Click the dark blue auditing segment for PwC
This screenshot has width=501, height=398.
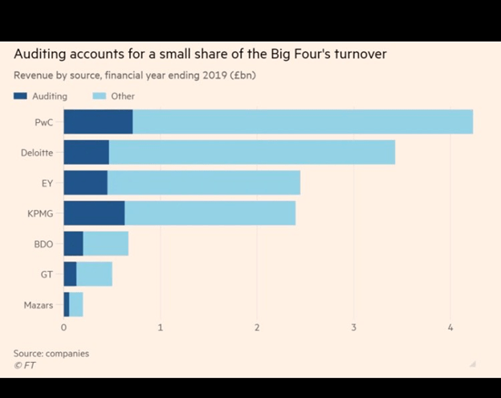[x=98, y=122]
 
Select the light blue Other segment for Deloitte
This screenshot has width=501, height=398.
[x=251, y=152]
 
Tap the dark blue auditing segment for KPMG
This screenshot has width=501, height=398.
[x=94, y=213]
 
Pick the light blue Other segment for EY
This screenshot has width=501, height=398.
[x=203, y=183]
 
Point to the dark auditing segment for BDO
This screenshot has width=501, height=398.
[x=73, y=244]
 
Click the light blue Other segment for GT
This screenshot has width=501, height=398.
[x=94, y=274]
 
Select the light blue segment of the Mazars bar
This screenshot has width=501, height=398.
[x=76, y=305]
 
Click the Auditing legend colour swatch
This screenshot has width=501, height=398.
[x=20, y=96]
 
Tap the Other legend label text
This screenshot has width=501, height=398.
[x=123, y=96]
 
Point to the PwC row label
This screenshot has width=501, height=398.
[x=44, y=122]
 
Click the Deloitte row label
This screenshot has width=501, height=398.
[x=37, y=153]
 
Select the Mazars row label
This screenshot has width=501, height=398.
[x=39, y=306]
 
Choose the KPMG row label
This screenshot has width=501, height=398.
[x=40, y=214]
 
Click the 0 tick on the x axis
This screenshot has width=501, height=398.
[x=64, y=328]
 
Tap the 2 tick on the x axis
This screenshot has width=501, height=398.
[x=257, y=328]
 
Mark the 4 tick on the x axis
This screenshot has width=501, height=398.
[x=450, y=328]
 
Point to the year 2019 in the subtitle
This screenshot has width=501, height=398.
[x=165, y=76]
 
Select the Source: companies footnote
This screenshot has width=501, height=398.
[x=51, y=354]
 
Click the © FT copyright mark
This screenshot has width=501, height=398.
[x=24, y=365]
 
